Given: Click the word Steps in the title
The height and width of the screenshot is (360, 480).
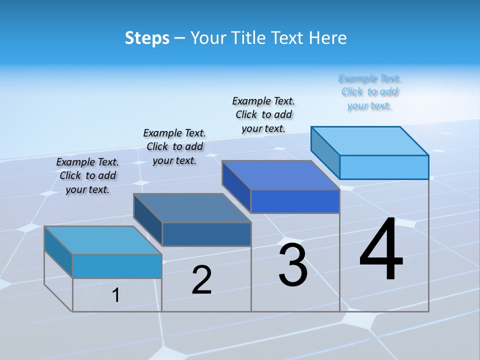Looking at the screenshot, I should tap(147, 38).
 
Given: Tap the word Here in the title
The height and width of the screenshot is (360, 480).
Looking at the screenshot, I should tap(328, 38).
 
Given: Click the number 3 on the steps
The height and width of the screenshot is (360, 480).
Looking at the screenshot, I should tap(293, 265).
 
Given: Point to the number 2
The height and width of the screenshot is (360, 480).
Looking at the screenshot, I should tap(201, 280).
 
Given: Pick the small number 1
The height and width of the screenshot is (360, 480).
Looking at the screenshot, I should tap(116, 295).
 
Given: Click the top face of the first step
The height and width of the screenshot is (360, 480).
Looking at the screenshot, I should tap(102, 240).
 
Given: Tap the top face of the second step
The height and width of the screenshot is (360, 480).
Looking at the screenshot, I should tap(191, 207).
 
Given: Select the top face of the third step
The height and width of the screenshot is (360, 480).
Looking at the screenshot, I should tap(280, 175).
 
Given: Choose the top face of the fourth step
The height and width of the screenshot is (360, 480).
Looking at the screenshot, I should tap(369, 140).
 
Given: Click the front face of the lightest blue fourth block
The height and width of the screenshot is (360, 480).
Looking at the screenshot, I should tap(384, 167).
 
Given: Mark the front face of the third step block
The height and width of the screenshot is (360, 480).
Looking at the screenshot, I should tap(295, 201).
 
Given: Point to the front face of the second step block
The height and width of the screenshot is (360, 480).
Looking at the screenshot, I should tap(206, 234).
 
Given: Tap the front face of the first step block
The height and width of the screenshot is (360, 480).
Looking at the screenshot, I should tap(117, 266).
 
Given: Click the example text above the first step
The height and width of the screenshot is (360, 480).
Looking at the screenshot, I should tap(87, 175).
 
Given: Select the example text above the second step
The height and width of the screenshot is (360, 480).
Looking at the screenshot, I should tap(174, 146).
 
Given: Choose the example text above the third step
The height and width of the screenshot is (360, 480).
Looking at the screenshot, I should tap(263, 114).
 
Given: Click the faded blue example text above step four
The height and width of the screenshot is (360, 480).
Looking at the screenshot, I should tap(369, 92).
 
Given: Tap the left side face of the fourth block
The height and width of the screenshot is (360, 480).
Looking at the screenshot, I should tap(325, 148).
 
